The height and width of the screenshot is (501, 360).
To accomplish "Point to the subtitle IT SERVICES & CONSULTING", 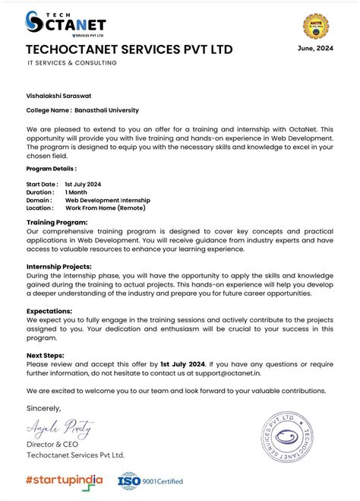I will click(x=72, y=63).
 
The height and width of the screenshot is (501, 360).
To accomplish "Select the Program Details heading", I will click(x=51, y=169).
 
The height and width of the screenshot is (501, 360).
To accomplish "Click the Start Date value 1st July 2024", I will click(x=84, y=185).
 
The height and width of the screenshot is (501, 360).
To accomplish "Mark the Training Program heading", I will click(x=57, y=222).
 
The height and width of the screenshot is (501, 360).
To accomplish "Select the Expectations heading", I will click(x=50, y=311).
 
